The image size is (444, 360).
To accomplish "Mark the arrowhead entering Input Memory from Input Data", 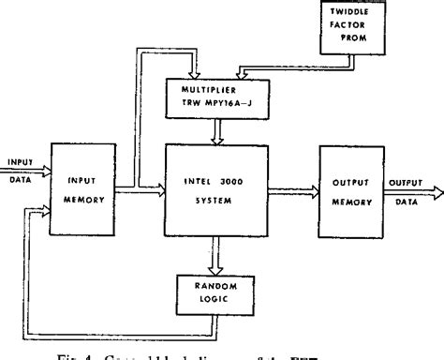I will click(47, 166).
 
